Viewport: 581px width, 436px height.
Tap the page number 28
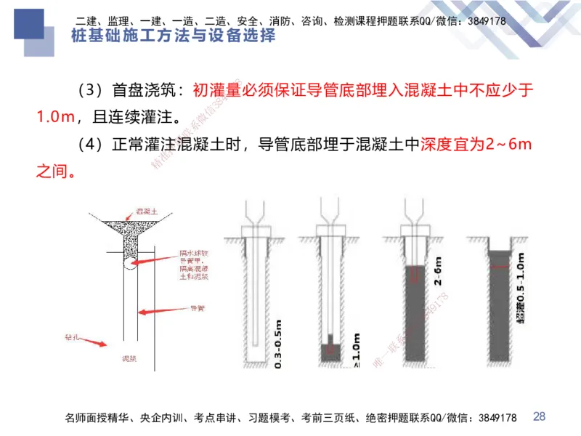pyautogui.click(x=539, y=416)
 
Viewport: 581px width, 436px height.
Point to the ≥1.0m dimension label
pyautogui.click(x=356, y=350)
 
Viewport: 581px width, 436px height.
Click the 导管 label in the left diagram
pyautogui.click(x=196, y=309)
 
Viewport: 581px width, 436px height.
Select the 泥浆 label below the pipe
pyautogui.click(x=129, y=359)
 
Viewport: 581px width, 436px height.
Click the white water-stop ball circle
pyautogui.click(x=132, y=263)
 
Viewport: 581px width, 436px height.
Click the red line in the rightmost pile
pyautogui.click(x=498, y=269)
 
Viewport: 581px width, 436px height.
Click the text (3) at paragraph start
pyautogui.click(x=90, y=91)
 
